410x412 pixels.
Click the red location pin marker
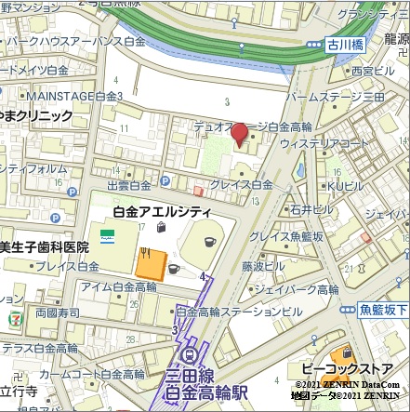pyautogui.click(x=239, y=135)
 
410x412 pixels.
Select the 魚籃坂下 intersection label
pyautogui.click(x=382, y=309)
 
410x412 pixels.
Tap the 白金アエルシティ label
pyautogui.click(x=162, y=212)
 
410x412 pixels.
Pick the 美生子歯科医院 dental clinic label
pyautogui.click(x=45, y=246)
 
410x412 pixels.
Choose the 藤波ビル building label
pyautogui.click(x=264, y=265)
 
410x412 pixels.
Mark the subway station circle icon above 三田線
pyautogui.click(x=192, y=355)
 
